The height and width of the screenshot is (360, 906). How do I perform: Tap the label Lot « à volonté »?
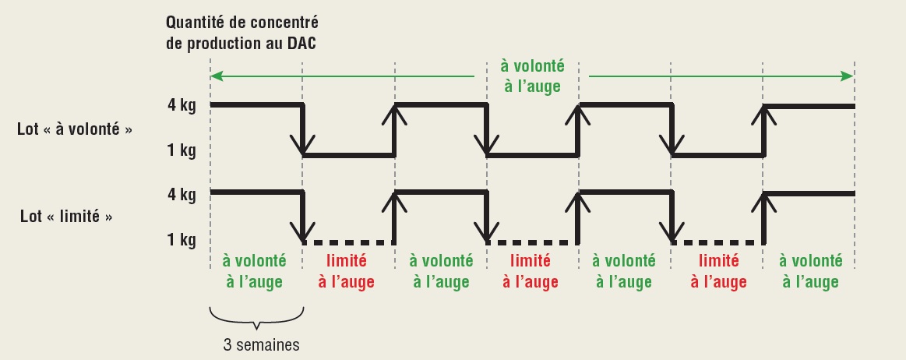pyautogui.click(x=74, y=129)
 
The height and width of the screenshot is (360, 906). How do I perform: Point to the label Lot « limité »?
pyautogui.click(x=66, y=217)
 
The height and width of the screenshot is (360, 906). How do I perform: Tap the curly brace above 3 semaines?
pyautogui.click(x=256, y=318)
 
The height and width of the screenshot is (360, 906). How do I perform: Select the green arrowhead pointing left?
pyautogui.click(x=217, y=76)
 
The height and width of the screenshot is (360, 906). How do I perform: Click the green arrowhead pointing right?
pyautogui.click(x=847, y=76)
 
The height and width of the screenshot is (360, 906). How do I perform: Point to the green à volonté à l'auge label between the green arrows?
pyautogui.click(x=532, y=76)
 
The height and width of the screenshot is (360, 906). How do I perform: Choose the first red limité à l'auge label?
pyautogui.click(x=347, y=270)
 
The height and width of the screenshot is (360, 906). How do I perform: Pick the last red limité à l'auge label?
pyautogui.click(x=717, y=270)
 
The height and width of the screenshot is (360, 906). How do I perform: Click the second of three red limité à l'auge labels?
pyautogui.click(x=532, y=270)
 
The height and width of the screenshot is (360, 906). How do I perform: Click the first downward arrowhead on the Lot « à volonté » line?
pyautogui.click(x=302, y=145)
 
